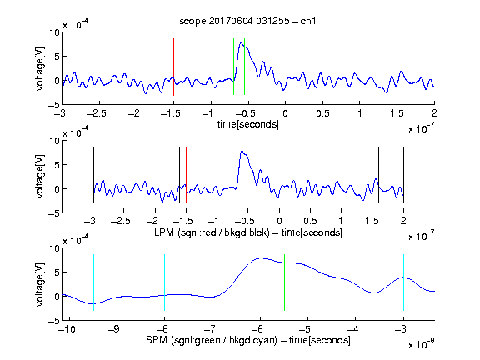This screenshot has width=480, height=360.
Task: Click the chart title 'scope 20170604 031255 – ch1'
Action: click(x=247, y=21)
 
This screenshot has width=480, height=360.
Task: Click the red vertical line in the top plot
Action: click(x=173, y=67)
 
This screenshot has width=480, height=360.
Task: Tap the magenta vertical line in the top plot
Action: click(x=397, y=67)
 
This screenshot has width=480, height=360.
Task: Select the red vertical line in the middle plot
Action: click(x=186, y=175)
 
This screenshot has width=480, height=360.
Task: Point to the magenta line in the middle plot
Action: click(x=372, y=175)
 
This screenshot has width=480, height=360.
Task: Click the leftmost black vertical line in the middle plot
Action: click(x=93, y=175)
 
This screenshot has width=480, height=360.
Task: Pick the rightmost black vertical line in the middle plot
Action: click(x=404, y=175)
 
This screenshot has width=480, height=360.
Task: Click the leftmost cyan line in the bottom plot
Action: click(x=93, y=282)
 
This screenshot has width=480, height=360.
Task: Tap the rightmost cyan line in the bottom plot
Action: click(x=404, y=282)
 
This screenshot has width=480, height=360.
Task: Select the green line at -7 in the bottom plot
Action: click(x=212, y=282)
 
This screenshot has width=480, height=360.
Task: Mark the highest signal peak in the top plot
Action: click(x=241, y=42)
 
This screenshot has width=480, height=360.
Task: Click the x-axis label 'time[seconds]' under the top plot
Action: click(x=248, y=125)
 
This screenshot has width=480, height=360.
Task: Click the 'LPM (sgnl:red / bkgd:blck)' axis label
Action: click(x=212, y=232)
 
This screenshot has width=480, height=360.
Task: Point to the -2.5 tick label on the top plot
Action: click(x=96, y=113)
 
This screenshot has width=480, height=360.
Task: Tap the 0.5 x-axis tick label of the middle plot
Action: click(x=310, y=221)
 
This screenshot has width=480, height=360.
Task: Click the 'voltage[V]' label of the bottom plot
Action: click(x=40, y=285)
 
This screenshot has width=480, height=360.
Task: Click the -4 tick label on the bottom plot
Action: click(x=353, y=329)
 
